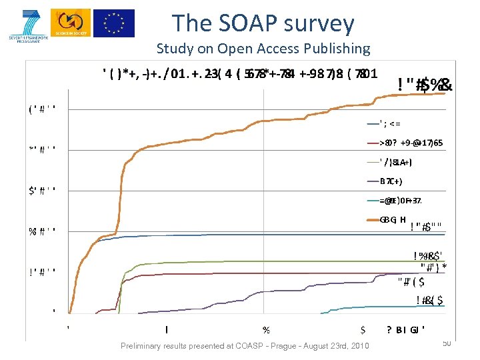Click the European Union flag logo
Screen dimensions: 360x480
coord(113,23)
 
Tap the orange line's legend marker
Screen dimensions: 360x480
coord(371,220)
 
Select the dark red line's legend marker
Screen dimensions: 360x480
coord(371,143)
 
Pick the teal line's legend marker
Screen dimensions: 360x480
coord(371,201)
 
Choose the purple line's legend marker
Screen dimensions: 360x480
coord(371,181)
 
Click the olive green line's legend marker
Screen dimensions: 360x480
coord(371,162)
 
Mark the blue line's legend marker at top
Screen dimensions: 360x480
coord(371,123)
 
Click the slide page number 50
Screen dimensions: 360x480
coord(446,343)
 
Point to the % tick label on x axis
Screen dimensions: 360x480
coord(267,329)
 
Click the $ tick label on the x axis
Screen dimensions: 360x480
coord(363,329)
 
